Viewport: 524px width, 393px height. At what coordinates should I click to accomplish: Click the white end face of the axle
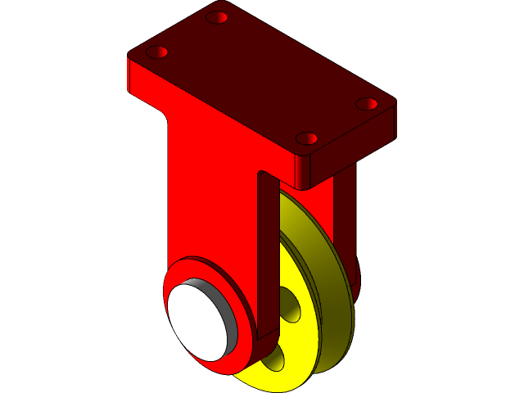pyautogui.click(x=200, y=318)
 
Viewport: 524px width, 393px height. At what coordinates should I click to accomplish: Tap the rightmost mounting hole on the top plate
pyautogui.click(x=367, y=104)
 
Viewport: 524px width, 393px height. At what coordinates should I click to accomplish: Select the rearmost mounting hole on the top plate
pyautogui.click(x=217, y=17)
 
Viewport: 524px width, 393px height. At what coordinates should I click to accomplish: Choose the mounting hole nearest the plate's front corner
pyautogui.click(x=307, y=138)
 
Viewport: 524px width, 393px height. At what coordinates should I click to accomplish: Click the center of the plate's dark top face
pyautogui.click(x=262, y=78)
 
